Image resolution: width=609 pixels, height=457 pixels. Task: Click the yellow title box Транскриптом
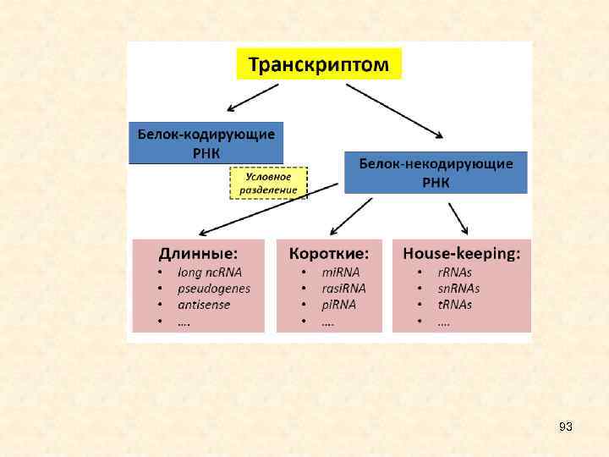(x=318, y=63)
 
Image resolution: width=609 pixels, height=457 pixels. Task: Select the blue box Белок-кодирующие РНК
(x=206, y=142)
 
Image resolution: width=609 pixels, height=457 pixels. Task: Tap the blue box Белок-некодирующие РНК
(x=436, y=173)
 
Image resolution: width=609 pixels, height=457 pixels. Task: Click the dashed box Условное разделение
(x=268, y=183)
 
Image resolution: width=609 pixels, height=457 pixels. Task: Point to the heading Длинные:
(x=199, y=252)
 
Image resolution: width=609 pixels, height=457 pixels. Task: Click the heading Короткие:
(x=329, y=252)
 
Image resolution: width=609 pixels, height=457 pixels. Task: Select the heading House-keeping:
(x=461, y=252)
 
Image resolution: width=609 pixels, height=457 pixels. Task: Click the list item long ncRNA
(x=210, y=273)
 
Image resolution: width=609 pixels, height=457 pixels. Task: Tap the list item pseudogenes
(x=214, y=289)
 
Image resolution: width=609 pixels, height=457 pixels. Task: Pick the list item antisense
(x=204, y=305)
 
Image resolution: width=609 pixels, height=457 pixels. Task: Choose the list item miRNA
(x=340, y=273)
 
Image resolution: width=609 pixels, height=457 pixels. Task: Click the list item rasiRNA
(x=343, y=289)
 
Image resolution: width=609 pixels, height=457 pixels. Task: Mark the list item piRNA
(x=338, y=305)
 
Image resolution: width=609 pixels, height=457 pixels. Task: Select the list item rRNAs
(x=454, y=273)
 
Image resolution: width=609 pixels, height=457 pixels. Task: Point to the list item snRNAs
(x=458, y=289)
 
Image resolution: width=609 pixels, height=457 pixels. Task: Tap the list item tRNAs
(x=454, y=305)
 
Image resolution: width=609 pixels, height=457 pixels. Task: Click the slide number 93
(x=566, y=427)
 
